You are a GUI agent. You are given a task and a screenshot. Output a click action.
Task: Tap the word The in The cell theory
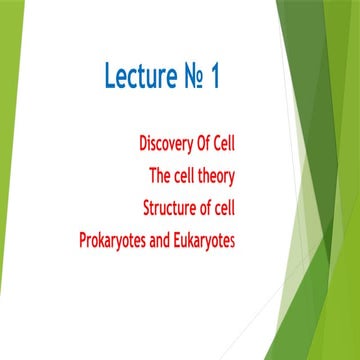(x=159, y=177)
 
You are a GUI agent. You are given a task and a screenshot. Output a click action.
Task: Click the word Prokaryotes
(x=117, y=241)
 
